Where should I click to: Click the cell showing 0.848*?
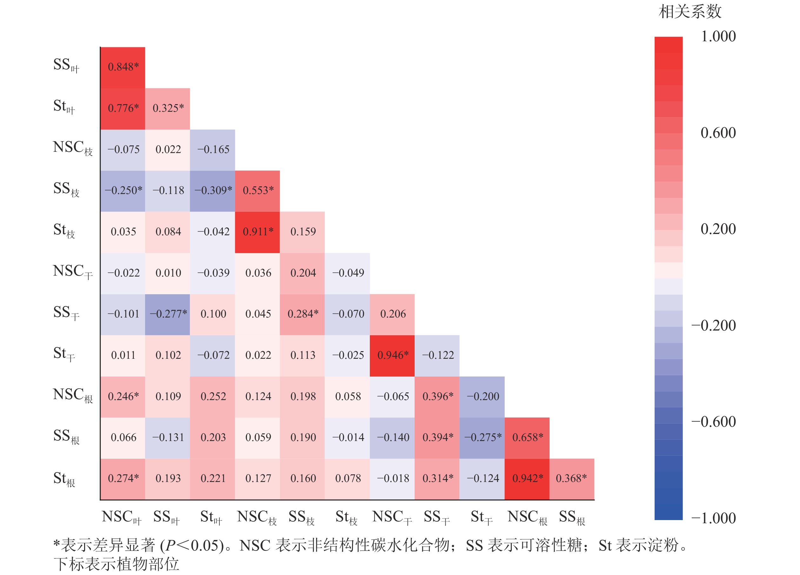click(123, 67)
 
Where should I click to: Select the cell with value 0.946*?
click(392, 355)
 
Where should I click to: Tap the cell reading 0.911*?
click(257, 232)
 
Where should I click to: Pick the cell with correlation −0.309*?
click(213, 191)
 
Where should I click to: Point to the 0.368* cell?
click(571, 479)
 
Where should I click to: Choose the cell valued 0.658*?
click(527, 438)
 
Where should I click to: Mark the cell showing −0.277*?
click(168, 314)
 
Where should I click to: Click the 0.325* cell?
click(168, 108)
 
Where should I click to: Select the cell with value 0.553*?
click(257, 191)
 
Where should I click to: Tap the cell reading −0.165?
click(213, 150)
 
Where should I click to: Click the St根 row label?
click(64, 479)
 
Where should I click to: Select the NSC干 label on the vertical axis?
click(73, 272)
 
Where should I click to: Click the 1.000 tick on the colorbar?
click(718, 36)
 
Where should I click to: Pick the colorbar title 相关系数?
click(690, 12)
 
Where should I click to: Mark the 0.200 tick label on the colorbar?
click(718, 229)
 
